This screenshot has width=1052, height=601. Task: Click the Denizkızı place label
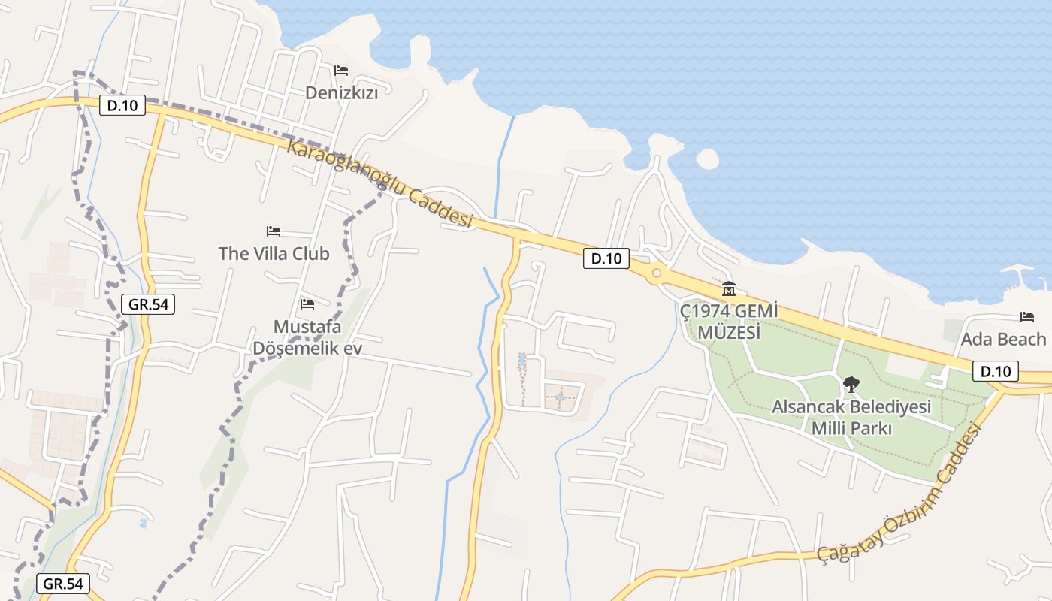coord(341,92)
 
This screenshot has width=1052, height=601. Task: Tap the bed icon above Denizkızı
coord(341,71)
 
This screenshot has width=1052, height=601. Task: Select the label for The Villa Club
coord(274,253)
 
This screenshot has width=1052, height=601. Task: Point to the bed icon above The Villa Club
coord(274,231)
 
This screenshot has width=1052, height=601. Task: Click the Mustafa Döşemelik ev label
coord(307,337)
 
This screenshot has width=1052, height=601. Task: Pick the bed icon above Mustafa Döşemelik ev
coord(307,304)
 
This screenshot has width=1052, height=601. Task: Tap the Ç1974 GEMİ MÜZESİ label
coord(727,321)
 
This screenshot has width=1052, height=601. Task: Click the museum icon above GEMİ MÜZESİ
coord(728,288)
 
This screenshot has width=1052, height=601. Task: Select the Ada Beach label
coord(1003,339)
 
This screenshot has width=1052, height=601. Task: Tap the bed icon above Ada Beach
coord(1027,317)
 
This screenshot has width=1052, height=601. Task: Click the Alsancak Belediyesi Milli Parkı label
coord(851,418)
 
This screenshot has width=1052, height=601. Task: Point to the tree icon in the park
coord(851,385)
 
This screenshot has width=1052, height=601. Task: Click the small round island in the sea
coord(707,159)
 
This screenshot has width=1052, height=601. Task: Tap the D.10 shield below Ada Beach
coord(996,370)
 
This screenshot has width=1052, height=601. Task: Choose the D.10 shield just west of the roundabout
coord(606,258)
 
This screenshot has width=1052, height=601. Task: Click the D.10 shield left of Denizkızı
coord(122,105)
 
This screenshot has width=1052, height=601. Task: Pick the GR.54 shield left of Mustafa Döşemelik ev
coord(147,304)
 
